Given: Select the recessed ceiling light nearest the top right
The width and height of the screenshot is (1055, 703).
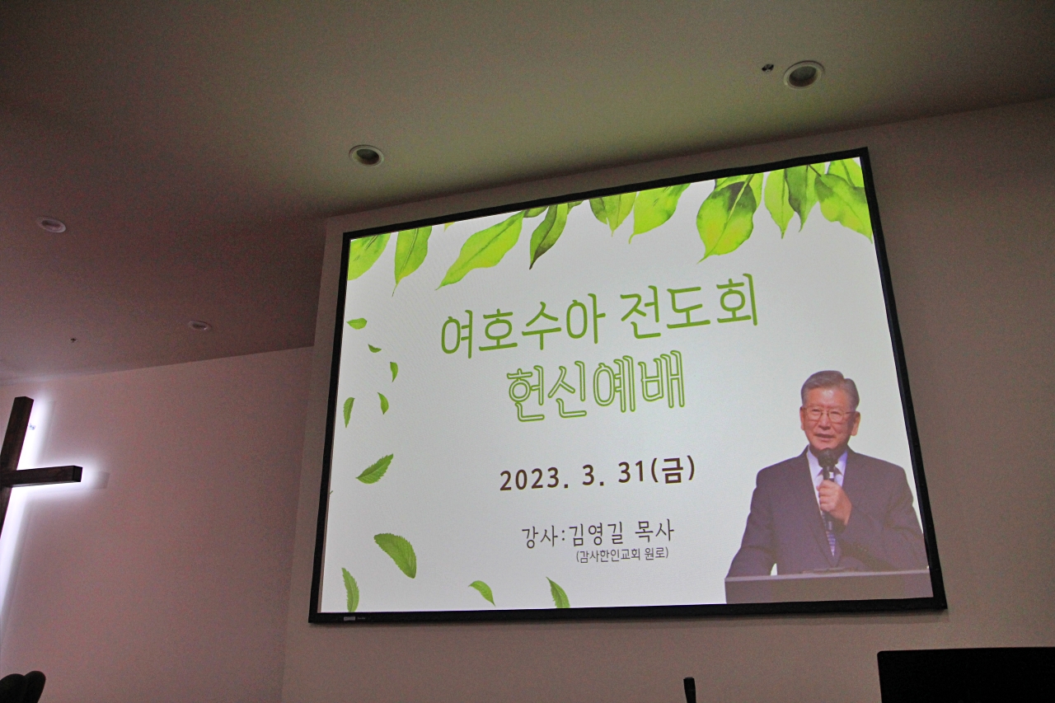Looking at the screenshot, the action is [803, 75].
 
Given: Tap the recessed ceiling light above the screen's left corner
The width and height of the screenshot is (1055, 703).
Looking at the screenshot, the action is [366, 155].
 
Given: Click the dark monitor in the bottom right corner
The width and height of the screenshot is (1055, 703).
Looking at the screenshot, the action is [965, 677].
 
